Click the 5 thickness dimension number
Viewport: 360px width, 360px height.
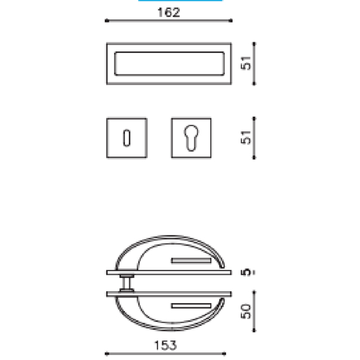coord(246,272)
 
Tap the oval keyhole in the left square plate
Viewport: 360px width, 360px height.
coord(127,136)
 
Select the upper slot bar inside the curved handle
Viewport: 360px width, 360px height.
coord(193,260)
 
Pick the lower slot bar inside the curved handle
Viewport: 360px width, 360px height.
coord(193,305)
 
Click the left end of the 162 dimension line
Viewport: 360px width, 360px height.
coord(106,22)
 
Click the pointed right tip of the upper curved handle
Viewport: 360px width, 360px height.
coord(223,266)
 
